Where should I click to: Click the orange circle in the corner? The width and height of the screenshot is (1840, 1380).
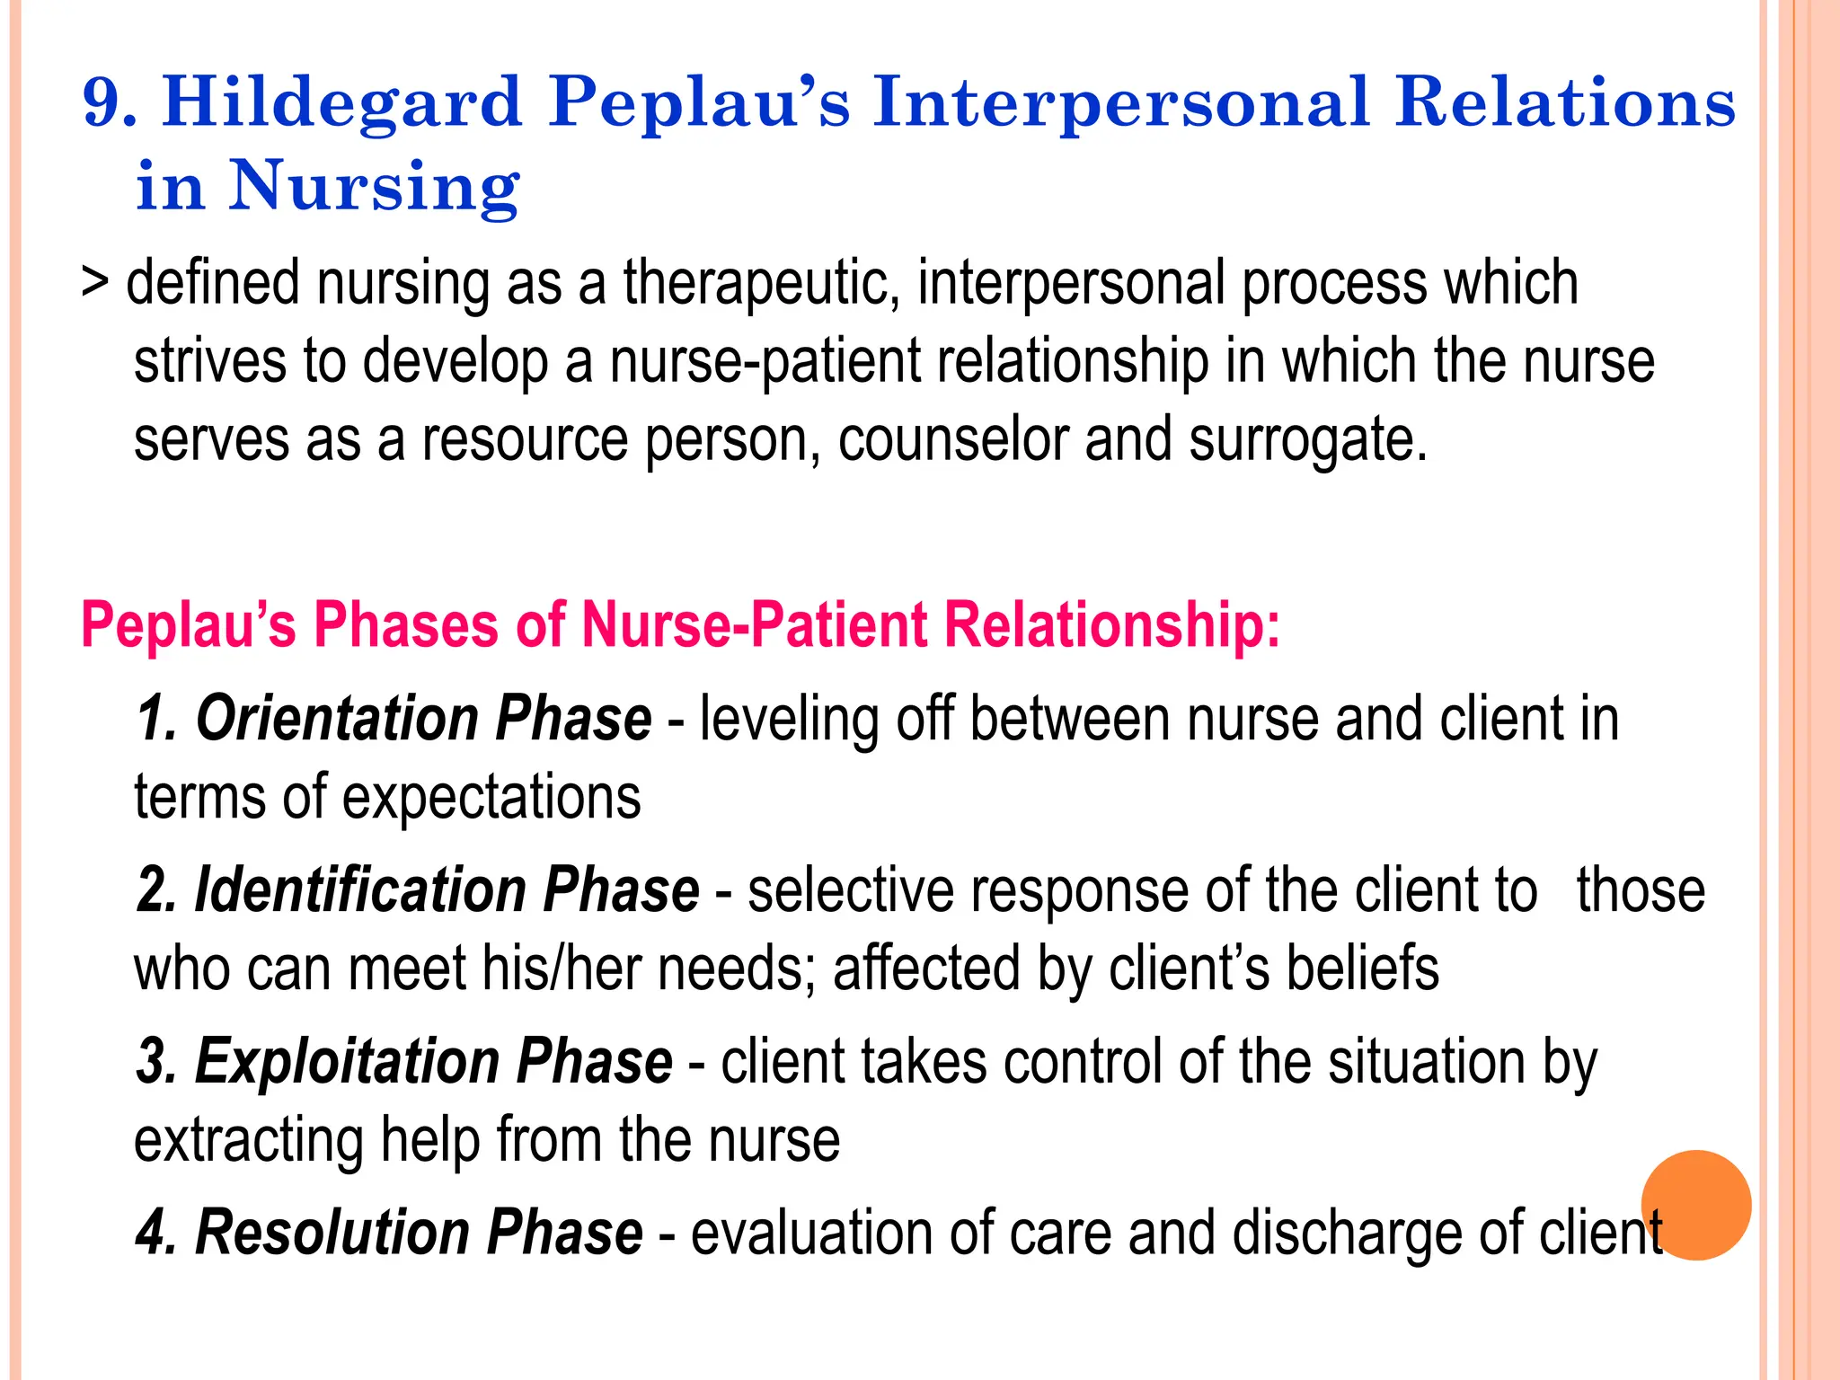(x=1696, y=1205)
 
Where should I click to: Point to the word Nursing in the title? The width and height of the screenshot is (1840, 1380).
(x=374, y=186)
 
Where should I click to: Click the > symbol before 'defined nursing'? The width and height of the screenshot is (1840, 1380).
(x=94, y=281)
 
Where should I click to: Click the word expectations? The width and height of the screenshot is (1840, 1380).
(x=491, y=798)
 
